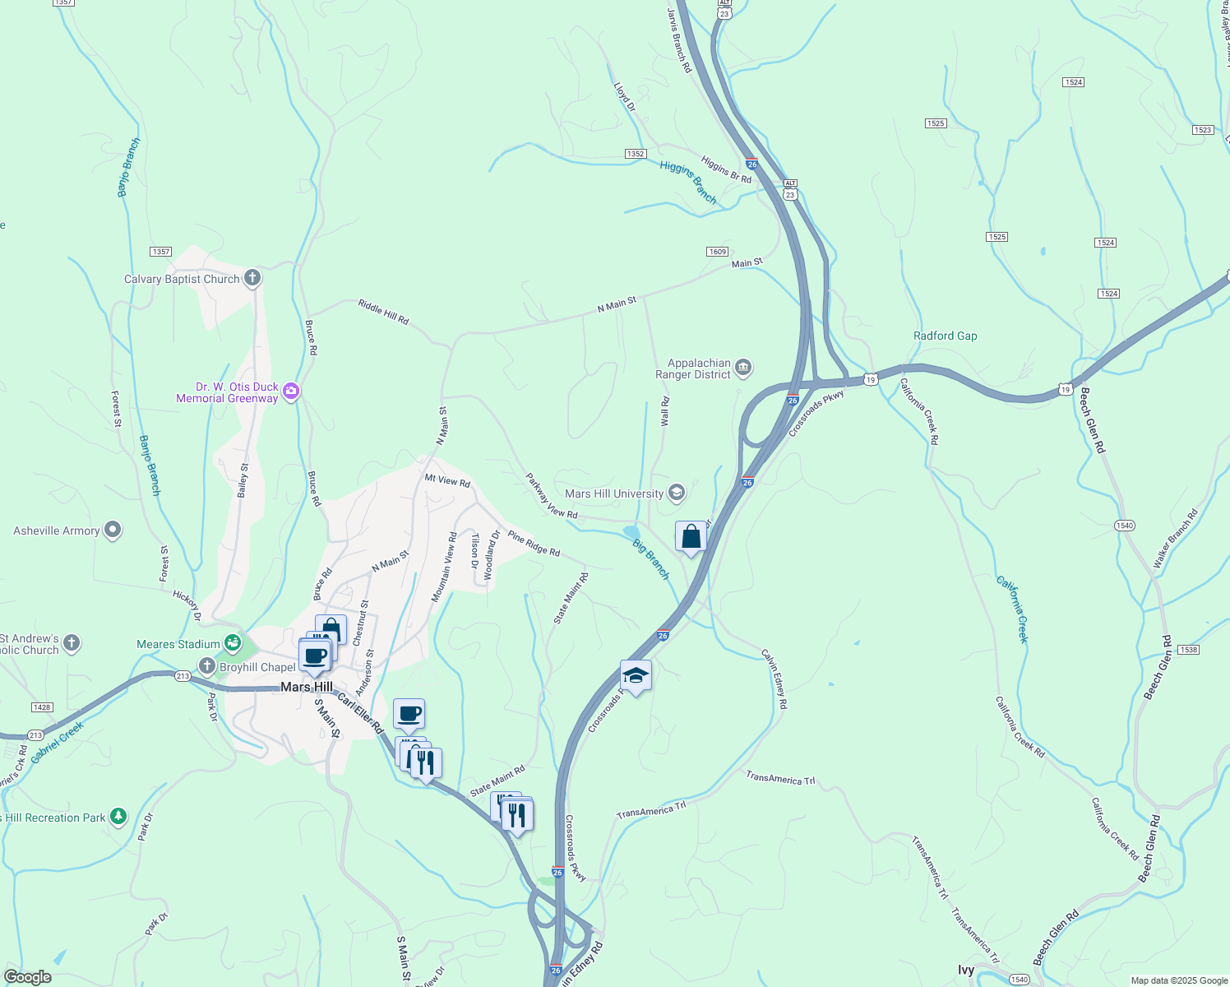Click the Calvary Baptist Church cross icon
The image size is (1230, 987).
pyautogui.click(x=252, y=278)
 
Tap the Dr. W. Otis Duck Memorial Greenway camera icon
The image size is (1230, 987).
pyautogui.click(x=290, y=392)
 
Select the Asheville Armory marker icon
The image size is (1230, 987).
pyautogui.click(x=113, y=531)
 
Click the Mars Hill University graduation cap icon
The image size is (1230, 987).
pyautogui.click(x=677, y=493)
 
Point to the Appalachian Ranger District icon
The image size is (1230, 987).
pyautogui.click(x=743, y=368)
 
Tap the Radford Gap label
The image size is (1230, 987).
pyautogui.click(x=945, y=336)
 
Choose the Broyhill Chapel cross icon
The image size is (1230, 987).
pyautogui.click(x=206, y=667)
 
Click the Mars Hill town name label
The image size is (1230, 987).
pyautogui.click(x=307, y=687)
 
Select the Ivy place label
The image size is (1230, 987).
pyautogui.click(x=966, y=971)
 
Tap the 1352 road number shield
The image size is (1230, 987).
pyautogui.click(x=635, y=154)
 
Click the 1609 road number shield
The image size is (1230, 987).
pyautogui.click(x=717, y=251)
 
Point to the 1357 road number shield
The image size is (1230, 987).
pyautogui.click(x=160, y=252)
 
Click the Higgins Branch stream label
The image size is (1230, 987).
pyautogui.click(x=688, y=182)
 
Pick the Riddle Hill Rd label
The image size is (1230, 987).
pyautogui.click(x=383, y=313)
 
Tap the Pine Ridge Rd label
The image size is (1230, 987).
pyautogui.click(x=534, y=544)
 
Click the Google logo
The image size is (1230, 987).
pyautogui.click(x=27, y=977)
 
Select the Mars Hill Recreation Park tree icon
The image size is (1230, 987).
pyautogui.click(x=118, y=817)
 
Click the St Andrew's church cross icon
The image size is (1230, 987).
pyautogui.click(x=72, y=643)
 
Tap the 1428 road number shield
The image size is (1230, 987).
pyautogui.click(x=41, y=707)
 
